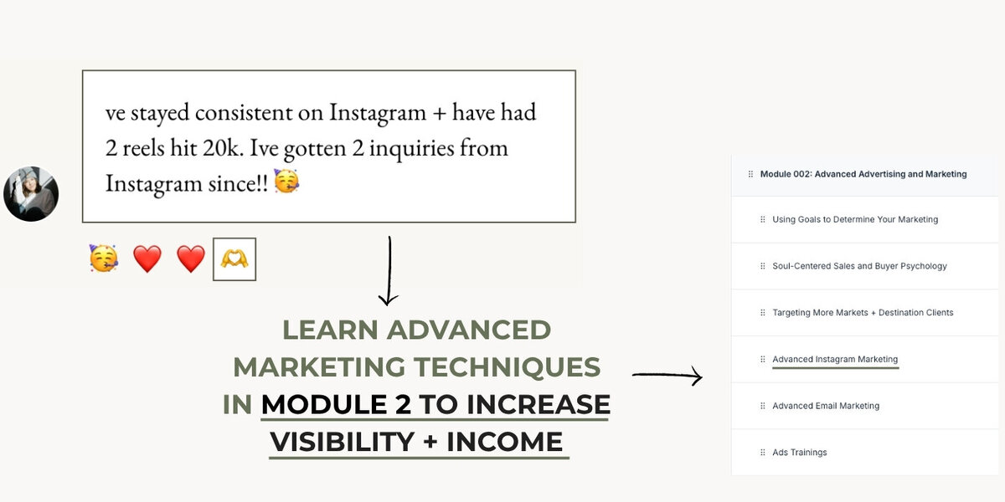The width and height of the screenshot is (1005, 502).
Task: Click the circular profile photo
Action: coord(31,193)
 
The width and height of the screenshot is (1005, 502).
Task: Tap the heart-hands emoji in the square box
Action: coord(234,259)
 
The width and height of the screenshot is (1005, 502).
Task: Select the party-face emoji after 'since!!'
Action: coord(286,182)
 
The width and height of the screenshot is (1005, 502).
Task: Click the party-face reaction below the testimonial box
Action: coord(104,259)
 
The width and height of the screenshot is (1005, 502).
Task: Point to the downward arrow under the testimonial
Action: coord(389,271)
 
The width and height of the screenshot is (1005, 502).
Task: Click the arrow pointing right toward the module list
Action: coord(667,375)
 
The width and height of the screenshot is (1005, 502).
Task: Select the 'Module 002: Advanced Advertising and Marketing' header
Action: coord(863,174)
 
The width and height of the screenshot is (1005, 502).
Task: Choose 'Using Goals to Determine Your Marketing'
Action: coord(855,219)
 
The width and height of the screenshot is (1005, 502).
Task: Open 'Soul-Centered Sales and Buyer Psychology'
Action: coord(859,266)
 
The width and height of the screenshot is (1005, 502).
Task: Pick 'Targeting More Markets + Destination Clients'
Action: coord(863,312)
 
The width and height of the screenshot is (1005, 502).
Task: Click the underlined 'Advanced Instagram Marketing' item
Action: coord(835,359)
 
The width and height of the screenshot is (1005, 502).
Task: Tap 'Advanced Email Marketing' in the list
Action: coord(826,406)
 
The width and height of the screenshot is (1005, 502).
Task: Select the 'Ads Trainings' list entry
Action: coord(800,453)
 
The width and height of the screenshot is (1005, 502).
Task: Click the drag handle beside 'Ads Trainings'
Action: coord(763,453)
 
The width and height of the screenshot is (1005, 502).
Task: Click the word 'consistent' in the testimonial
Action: coord(259,112)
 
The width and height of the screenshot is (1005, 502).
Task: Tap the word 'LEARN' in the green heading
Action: coord(330,330)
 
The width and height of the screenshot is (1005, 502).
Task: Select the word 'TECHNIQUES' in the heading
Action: coord(508,367)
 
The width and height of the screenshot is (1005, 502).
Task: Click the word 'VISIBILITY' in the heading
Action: coord(343,442)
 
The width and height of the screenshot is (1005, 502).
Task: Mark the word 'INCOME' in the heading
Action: coord(505,442)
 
